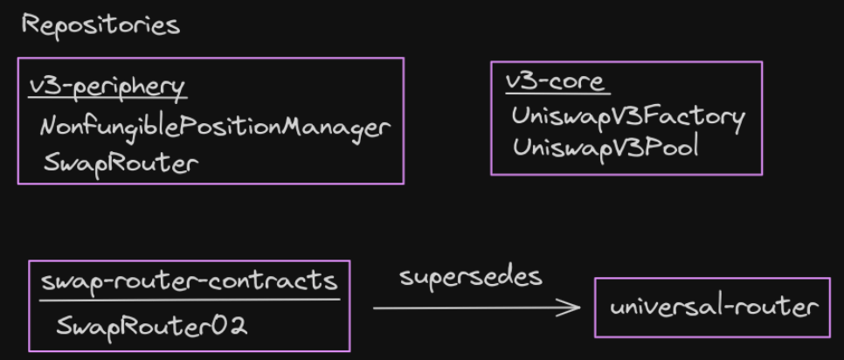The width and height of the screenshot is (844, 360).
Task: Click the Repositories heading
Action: [x=100, y=24]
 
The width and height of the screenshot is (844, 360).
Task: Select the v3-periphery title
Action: [x=107, y=86]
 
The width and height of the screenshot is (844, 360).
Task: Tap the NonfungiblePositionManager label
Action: [x=214, y=128]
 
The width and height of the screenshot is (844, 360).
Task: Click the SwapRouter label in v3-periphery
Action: [x=120, y=163]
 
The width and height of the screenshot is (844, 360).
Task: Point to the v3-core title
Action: [x=555, y=82]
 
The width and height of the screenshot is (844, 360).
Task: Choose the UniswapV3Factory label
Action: [x=628, y=115]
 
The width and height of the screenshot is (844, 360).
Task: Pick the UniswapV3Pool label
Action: [x=606, y=147]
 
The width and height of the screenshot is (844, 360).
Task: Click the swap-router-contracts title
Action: [x=189, y=282]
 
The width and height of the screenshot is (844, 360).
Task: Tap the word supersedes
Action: [x=471, y=277]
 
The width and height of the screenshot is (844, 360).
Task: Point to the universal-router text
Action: [x=713, y=307]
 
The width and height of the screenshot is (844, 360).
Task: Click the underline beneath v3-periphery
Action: [x=107, y=96]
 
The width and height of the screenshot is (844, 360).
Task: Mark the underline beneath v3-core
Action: [x=556, y=93]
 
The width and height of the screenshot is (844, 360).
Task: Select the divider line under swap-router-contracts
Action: [x=190, y=299]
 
